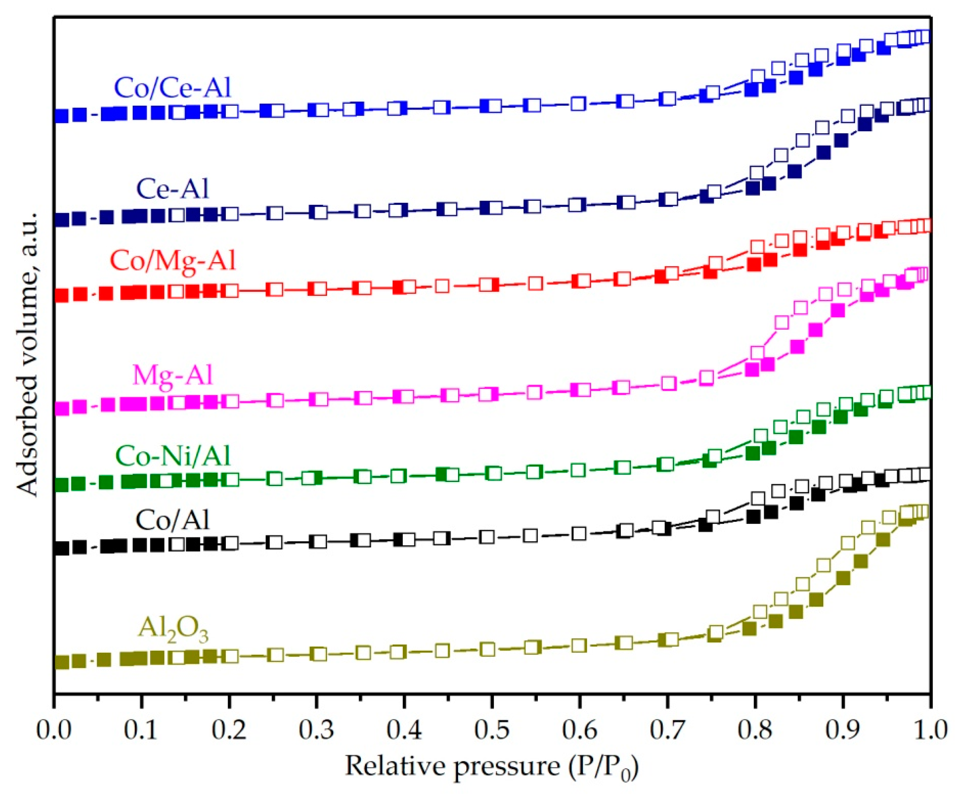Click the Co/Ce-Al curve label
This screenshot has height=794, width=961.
coord(173,88)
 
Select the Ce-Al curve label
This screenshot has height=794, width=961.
coord(173,189)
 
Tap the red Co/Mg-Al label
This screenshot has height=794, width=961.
coord(173,261)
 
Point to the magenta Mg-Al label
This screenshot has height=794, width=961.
coord(173,375)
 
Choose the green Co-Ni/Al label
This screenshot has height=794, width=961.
coord(173,456)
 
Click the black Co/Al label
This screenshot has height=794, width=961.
coord(173,520)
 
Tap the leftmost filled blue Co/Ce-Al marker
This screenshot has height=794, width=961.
coord(62,116)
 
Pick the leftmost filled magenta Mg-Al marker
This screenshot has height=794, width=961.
coord(62,408)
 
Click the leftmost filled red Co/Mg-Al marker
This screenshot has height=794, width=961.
coord(62,296)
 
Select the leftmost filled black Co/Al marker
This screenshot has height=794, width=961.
coord(62,548)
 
